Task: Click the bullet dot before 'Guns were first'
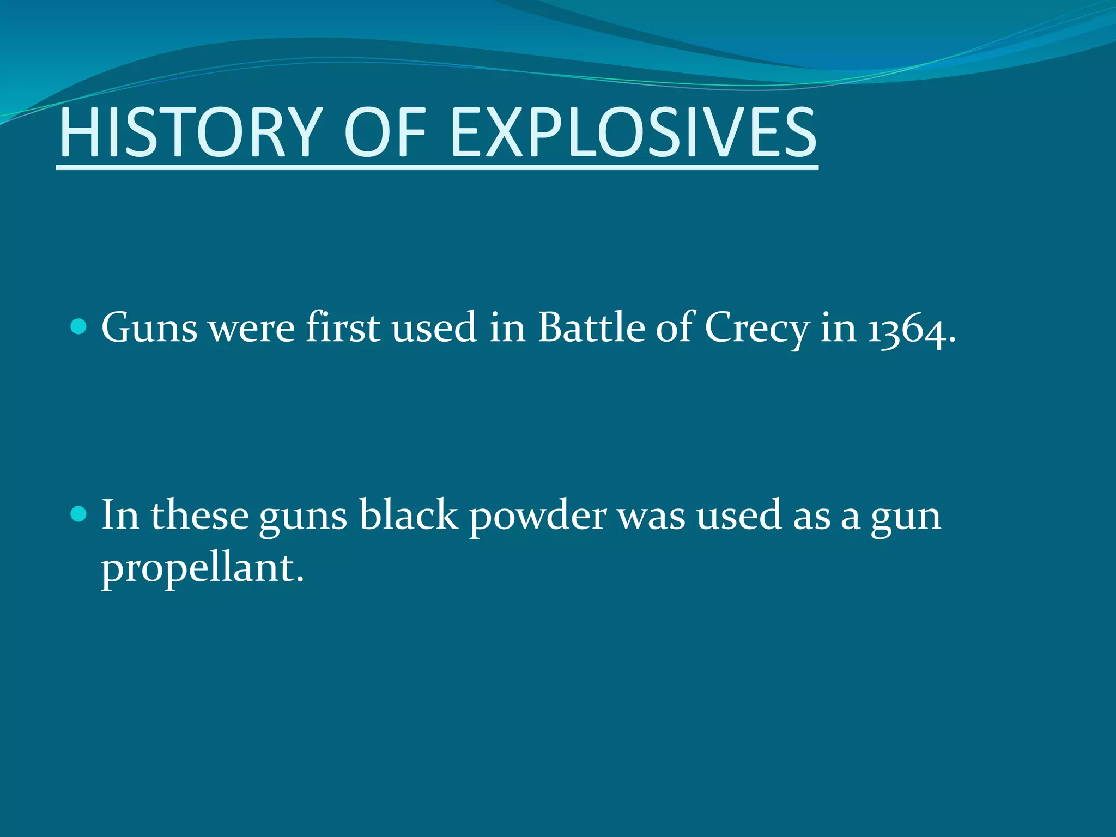click(x=79, y=327)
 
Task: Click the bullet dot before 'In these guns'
click(x=79, y=514)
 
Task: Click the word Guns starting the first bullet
click(x=149, y=328)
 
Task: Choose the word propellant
click(x=202, y=569)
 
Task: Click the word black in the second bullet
click(x=408, y=514)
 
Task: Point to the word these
click(x=199, y=514)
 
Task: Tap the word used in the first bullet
click(x=434, y=328)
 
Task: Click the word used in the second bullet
click(x=738, y=515)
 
